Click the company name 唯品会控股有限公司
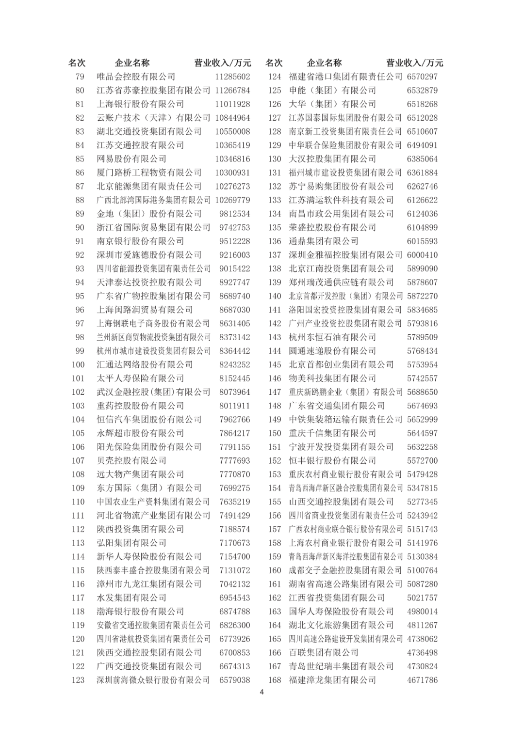[136, 77]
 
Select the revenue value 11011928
[232, 104]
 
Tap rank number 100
[78, 365]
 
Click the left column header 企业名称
[132, 63]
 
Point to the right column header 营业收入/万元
[415, 63]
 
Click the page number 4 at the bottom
[262, 692]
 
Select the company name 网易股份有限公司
[131, 159]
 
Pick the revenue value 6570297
[422, 77]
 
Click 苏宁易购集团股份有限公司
[341, 187]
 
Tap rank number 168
[275, 680]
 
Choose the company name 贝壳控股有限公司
[131, 461]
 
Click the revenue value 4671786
[422, 680]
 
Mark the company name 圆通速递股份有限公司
[332, 351]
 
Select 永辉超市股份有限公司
[140, 433]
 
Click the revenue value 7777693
[234, 461]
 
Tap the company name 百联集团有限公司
[324, 653]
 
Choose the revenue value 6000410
[422, 255]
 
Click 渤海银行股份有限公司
[140, 612]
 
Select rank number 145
[275, 365]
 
